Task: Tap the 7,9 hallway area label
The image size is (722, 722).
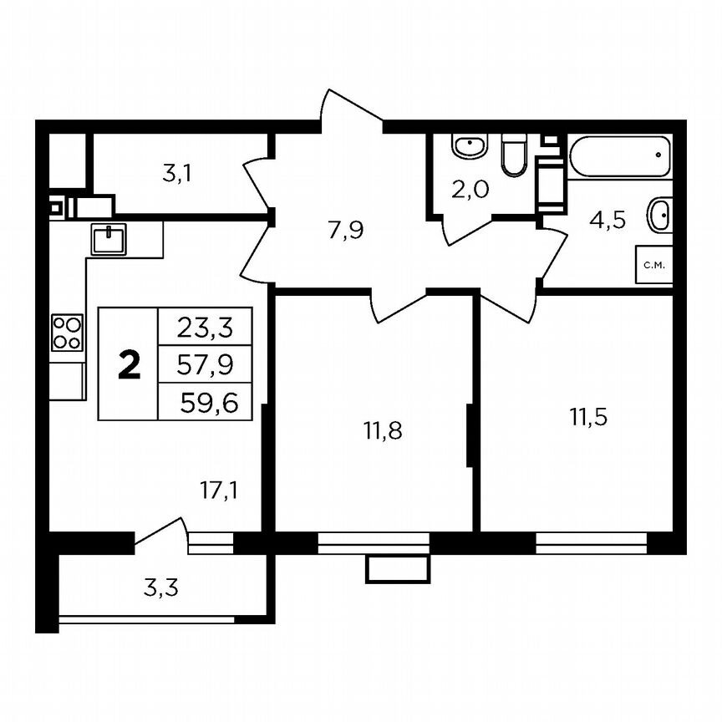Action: (345, 230)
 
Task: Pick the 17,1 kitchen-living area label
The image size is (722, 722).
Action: (220, 491)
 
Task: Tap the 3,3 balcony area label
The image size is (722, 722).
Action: (160, 588)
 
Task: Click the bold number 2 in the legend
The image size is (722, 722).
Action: (129, 364)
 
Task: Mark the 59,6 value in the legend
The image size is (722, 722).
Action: (206, 403)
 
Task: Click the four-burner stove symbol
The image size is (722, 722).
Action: (68, 332)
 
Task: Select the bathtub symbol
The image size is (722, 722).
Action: (620, 156)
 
